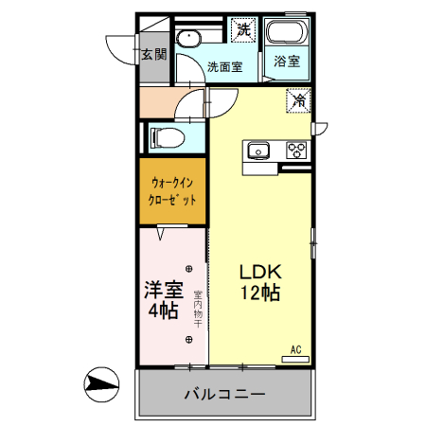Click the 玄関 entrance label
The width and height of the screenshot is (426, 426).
click(152, 54)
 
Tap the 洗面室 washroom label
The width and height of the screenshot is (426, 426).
click(226, 67)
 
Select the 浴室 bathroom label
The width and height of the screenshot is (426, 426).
click(287, 62)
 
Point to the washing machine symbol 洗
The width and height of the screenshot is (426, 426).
click(244, 29)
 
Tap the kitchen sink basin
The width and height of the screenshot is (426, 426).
click(258, 150)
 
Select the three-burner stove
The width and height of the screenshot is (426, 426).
click(295, 150)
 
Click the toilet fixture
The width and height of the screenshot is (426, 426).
click(167, 137)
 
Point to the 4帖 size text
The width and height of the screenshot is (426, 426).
click(161, 311)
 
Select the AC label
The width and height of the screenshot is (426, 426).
click(295, 349)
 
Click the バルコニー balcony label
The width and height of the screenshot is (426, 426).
click(224, 393)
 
